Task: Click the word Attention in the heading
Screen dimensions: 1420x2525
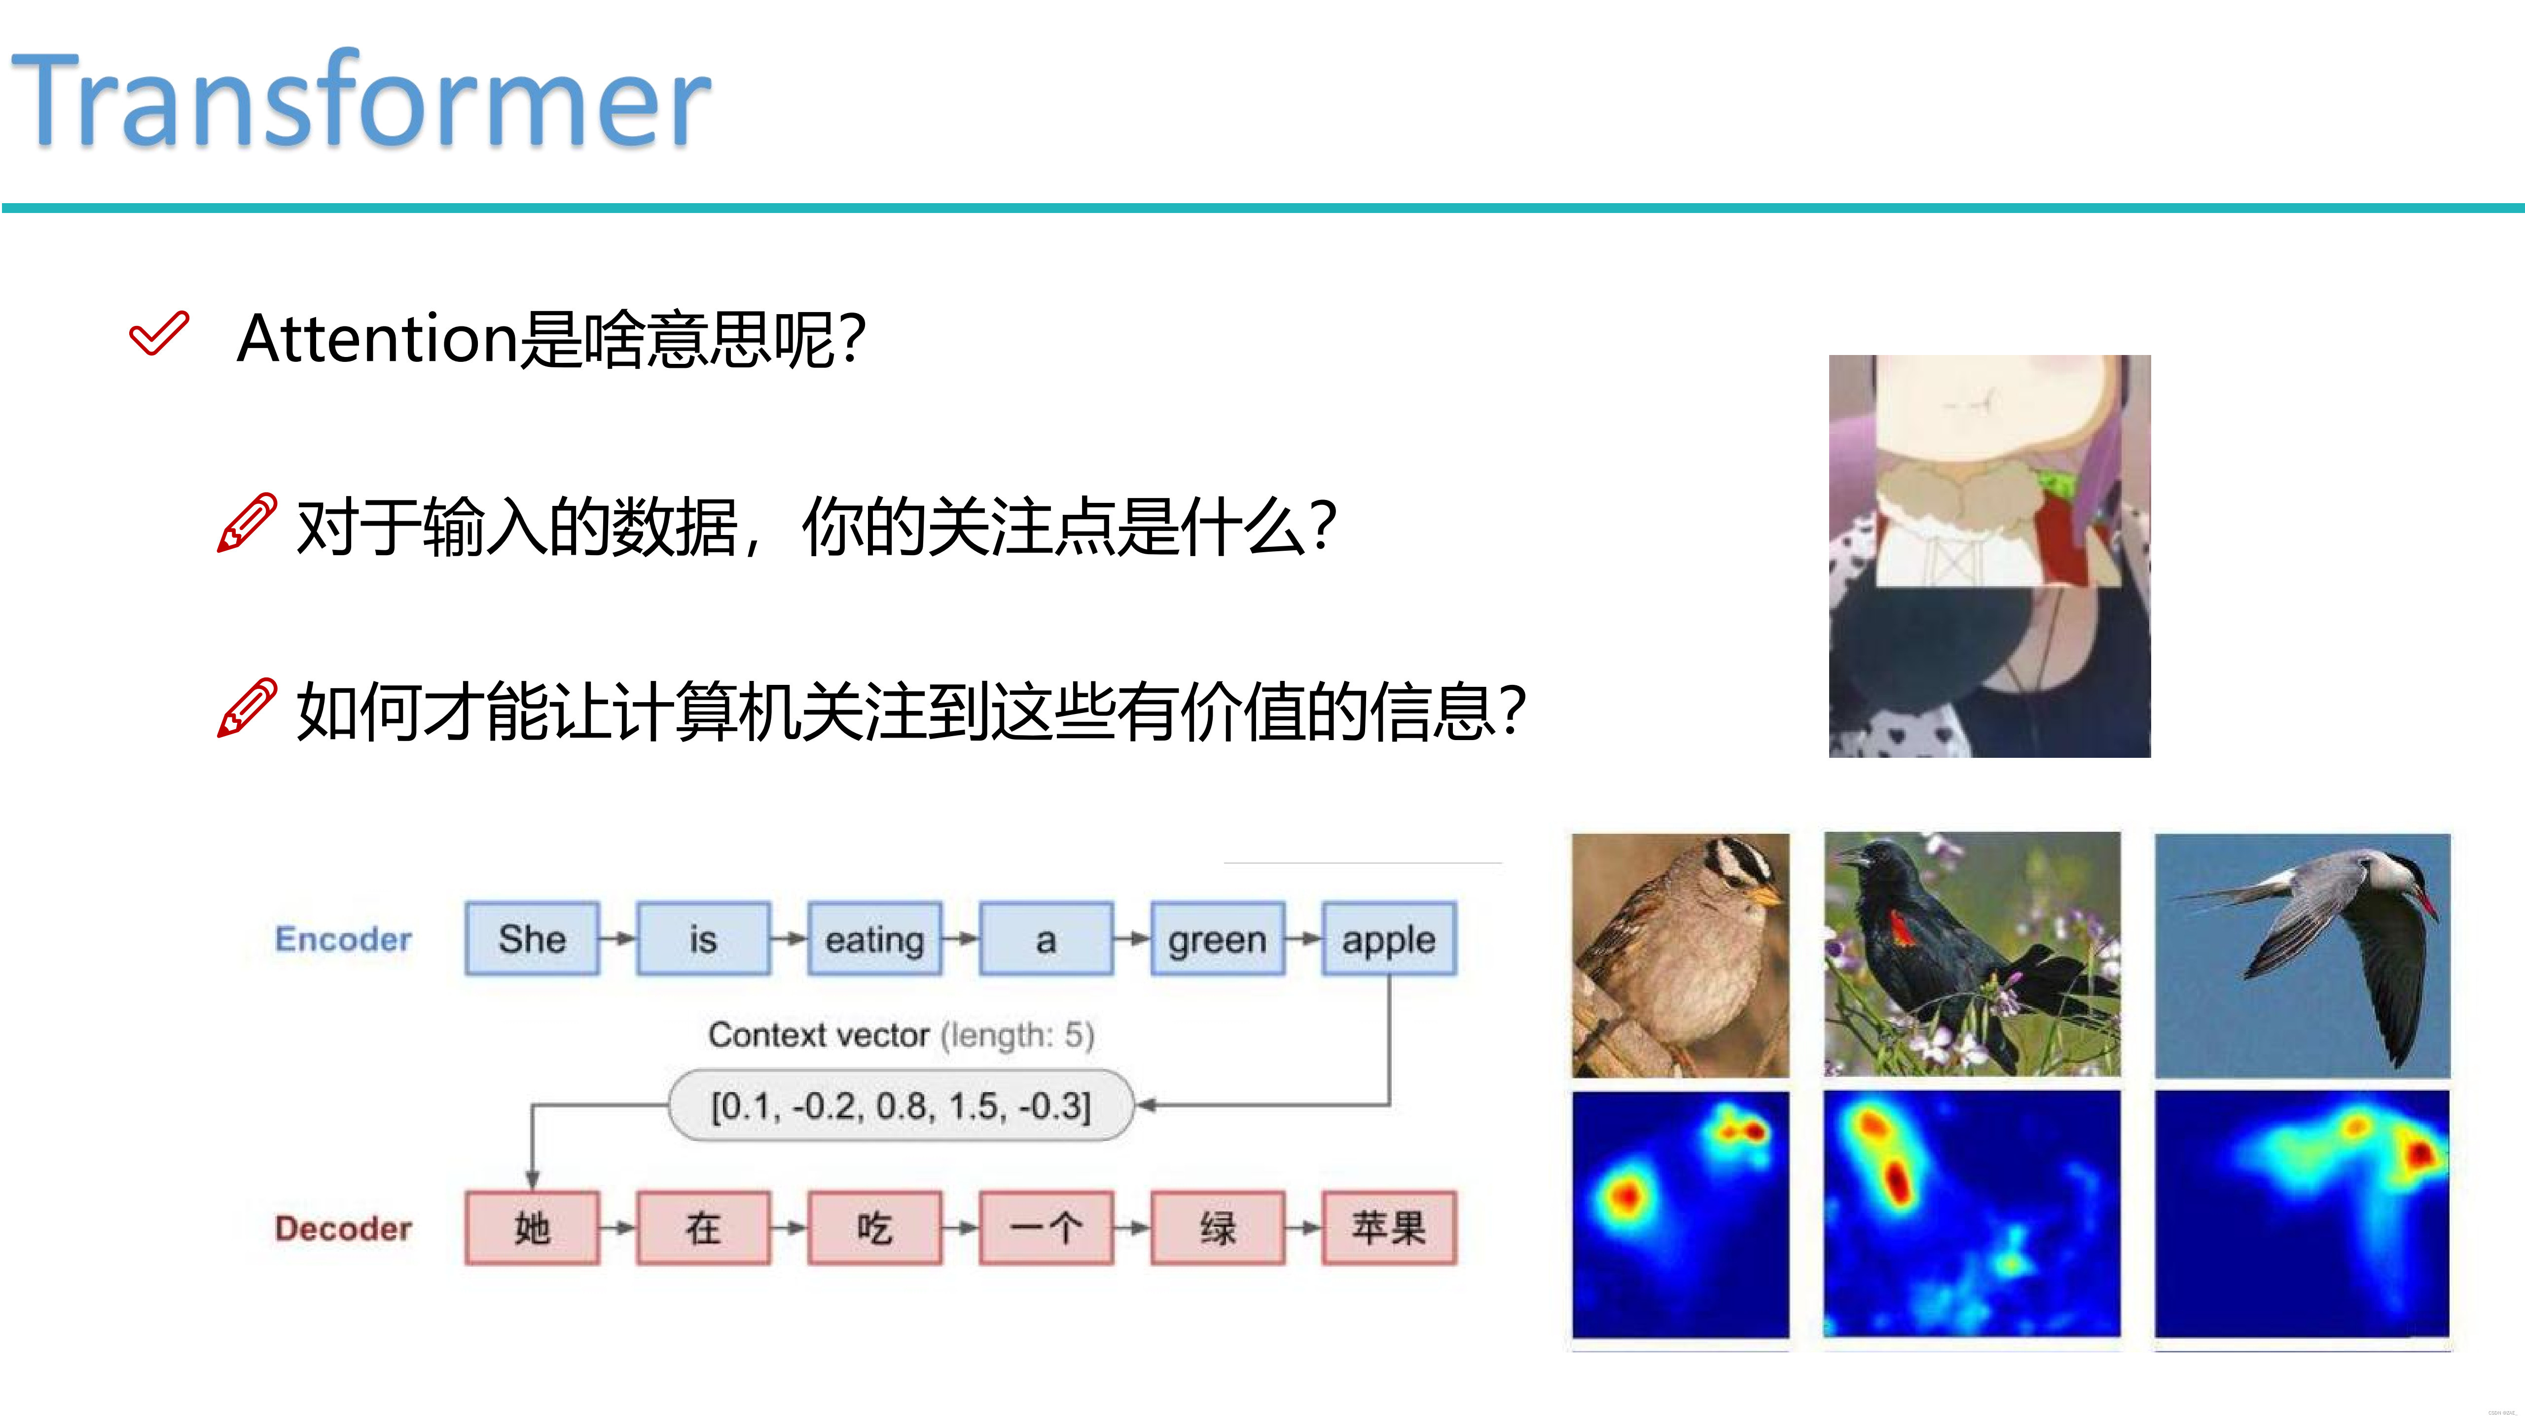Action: pos(377,338)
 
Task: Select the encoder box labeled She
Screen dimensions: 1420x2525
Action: pos(532,939)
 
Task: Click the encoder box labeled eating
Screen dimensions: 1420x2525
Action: pos(874,939)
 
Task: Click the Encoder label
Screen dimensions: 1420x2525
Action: pos(343,939)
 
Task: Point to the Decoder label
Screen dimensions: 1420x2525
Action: pos(343,1228)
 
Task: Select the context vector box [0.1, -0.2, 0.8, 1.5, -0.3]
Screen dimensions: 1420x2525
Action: pos(900,1105)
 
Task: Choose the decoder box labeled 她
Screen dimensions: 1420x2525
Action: pos(532,1228)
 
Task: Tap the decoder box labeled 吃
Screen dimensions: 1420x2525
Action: pos(874,1228)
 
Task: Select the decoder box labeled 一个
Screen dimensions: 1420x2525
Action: pos(1046,1228)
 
